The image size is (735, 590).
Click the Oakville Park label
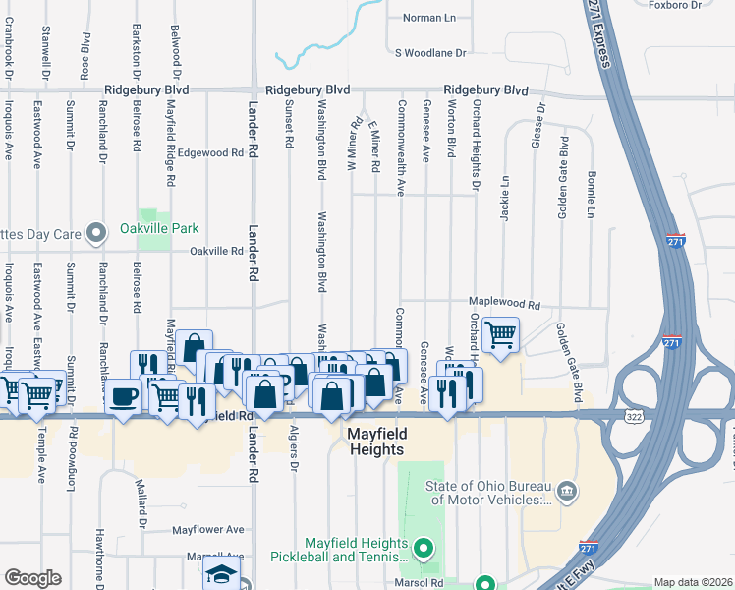pos(159,228)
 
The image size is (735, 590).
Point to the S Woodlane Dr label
pos(429,52)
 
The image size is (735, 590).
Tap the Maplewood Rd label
pos(505,306)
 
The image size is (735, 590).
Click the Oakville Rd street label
pos(216,251)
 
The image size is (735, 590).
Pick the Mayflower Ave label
pos(207,529)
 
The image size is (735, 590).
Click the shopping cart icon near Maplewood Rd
pos(501,335)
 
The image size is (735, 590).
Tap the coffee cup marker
pos(123,396)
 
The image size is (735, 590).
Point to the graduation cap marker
pos(220,574)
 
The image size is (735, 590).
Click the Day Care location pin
pos(96,233)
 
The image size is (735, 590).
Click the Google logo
pos(32,577)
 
